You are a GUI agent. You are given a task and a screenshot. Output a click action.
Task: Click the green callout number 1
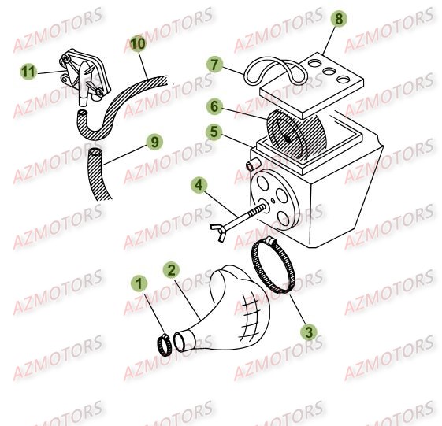139,283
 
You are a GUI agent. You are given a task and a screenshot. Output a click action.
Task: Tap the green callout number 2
172,270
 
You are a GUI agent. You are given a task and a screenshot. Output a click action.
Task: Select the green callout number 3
309,332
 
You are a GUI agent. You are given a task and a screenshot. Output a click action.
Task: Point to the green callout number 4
199,185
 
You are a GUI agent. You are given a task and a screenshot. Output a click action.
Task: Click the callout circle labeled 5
214,132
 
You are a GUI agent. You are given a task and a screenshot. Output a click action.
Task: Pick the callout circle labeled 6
214,107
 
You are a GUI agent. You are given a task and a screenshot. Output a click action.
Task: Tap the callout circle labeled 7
214,65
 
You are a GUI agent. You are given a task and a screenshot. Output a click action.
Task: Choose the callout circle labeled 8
339,19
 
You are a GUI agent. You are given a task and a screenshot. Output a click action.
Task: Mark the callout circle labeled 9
154,142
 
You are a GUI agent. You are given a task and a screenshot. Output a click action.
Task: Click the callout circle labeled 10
138,43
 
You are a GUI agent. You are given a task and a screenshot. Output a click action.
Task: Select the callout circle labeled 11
28,72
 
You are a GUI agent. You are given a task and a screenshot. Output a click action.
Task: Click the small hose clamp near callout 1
164,345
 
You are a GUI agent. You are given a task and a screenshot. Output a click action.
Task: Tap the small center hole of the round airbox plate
273,201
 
